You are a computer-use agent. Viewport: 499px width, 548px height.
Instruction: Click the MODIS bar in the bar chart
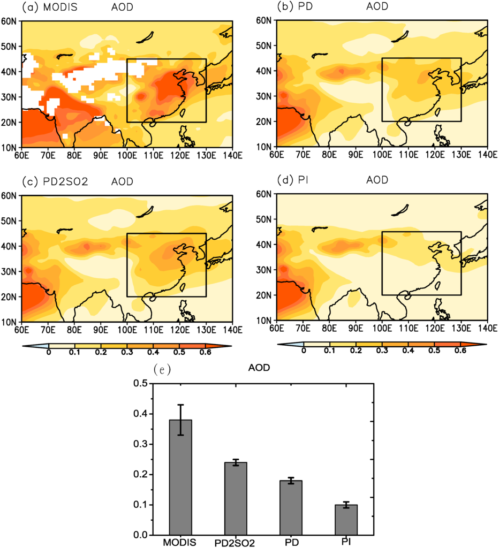180,476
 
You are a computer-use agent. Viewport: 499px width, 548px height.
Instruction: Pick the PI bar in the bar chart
346,519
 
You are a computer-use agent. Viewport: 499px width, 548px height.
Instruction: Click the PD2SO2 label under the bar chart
235,543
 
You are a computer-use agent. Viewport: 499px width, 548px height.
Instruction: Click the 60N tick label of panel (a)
10,21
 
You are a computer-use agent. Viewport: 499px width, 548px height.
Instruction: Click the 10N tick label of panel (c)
10,322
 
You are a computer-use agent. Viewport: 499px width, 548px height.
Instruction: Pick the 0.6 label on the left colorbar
206,353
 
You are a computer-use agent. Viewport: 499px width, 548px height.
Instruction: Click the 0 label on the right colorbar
304,351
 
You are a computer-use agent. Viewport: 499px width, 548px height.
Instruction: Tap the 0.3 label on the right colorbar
382,351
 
